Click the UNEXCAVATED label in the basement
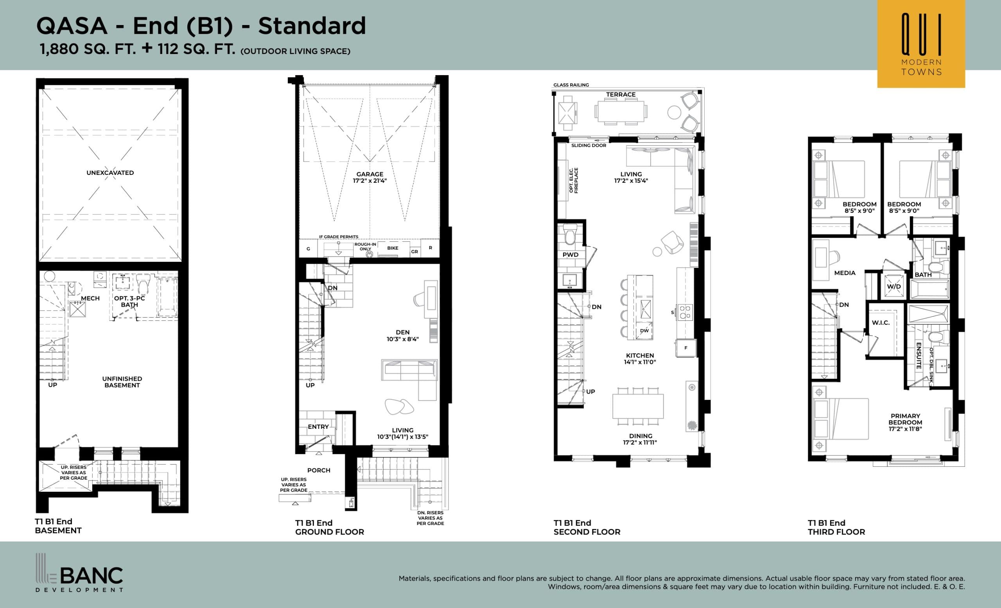click(x=110, y=173)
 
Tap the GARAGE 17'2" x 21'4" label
click(x=370, y=177)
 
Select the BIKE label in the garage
click(x=393, y=248)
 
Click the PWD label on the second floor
click(x=570, y=255)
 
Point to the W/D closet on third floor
click(x=894, y=286)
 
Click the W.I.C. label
click(x=881, y=323)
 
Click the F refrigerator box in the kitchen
click(x=686, y=348)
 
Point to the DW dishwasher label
click(x=644, y=331)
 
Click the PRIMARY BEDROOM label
click(x=905, y=422)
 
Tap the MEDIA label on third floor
click(x=845, y=273)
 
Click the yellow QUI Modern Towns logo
click(x=921, y=44)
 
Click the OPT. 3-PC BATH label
click(x=129, y=301)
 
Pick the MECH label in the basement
click(x=90, y=298)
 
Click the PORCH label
click(x=319, y=470)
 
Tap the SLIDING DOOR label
click(x=588, y=146)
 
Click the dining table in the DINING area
click(x=638, y=406)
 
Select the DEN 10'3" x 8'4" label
click(x=402, y=336)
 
